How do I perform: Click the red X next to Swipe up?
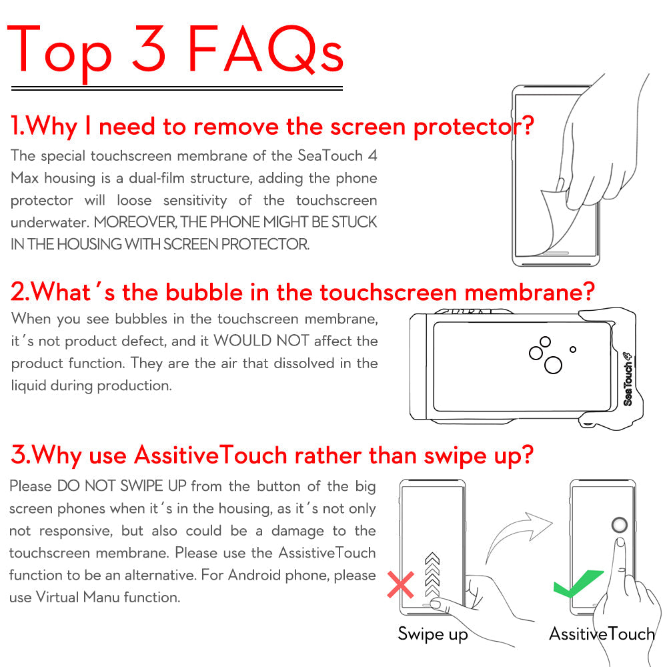click(400, 585)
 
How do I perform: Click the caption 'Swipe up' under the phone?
click(433, 633)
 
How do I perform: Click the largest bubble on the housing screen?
click(553, 365)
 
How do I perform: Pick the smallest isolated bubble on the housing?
click(572, 349)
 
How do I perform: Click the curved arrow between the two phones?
click(517, 534)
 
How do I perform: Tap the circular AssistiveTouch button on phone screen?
click(620, 525)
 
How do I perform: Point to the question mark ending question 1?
click(526, 125)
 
